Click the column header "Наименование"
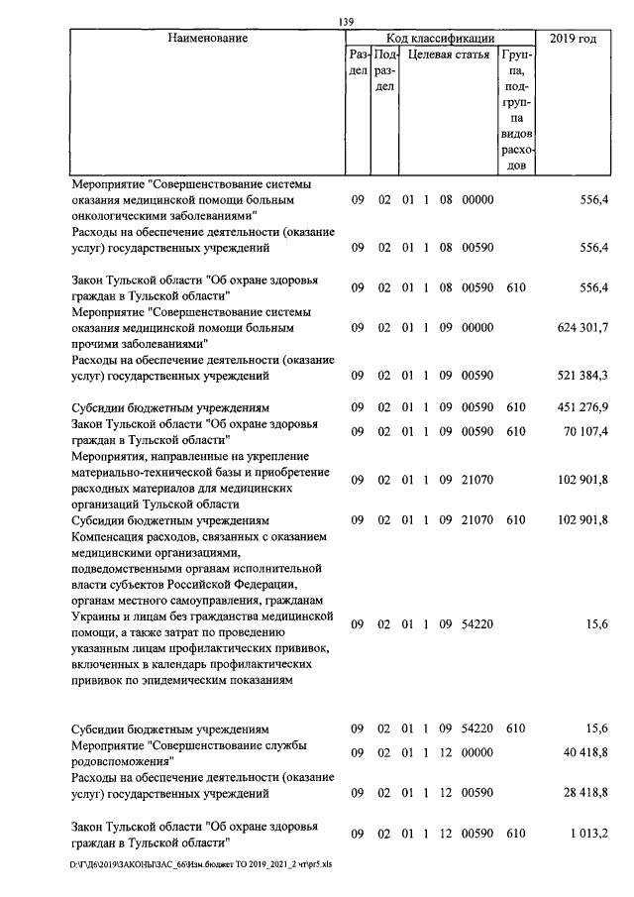(x=207, y=40)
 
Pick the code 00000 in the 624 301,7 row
(x=477, y=328)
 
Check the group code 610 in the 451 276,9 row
(x=514, y=408)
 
